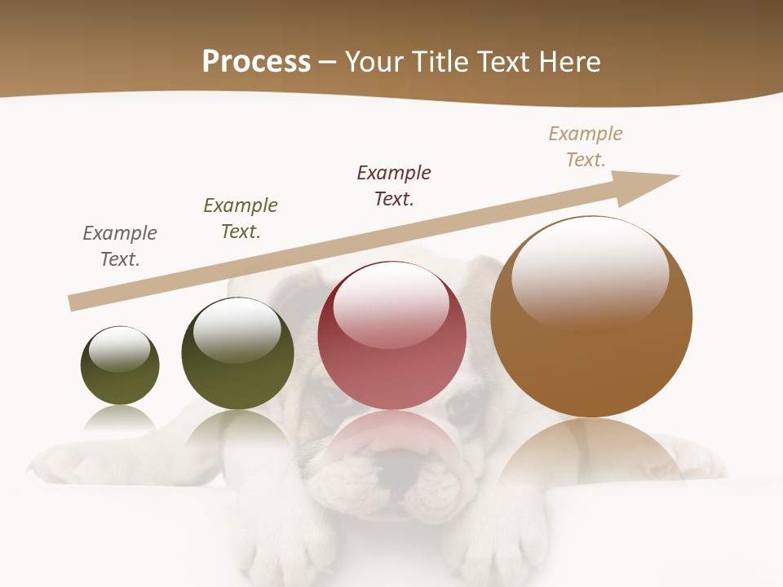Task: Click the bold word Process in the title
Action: (256, 62)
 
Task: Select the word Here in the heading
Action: (568, 62)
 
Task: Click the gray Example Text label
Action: (120, 246)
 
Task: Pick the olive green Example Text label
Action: (241, 218)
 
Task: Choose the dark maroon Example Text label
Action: (394, 186)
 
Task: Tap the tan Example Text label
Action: (586, 147)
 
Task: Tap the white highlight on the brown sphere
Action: (591, 273)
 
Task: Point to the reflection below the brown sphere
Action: (591, 452)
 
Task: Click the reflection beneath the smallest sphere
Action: (120, 419)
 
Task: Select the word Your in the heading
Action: (371, 62)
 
